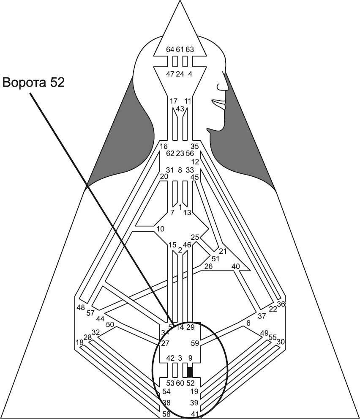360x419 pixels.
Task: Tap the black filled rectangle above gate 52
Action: (x=190, y=372)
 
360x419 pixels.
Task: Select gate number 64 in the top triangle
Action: (x=170, y=49)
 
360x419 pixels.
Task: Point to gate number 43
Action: (x=180, y=109)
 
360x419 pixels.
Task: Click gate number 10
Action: (x=160, y=229)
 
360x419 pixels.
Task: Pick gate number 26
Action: (x=208, y=266)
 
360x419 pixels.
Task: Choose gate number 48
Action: (x=81, y=307)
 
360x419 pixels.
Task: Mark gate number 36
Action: (x=281, y=304)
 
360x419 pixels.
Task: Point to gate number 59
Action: (x=194, y=343)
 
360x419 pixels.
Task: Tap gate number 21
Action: (x=223, y=251)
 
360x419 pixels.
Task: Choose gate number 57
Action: (x=90, y=313)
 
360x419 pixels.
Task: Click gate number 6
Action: (x=248, y=323)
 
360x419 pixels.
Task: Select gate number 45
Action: (x=195, y=178)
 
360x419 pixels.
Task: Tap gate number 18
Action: (x=79, y=342)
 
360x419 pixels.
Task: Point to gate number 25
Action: (x=195, y=237)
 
